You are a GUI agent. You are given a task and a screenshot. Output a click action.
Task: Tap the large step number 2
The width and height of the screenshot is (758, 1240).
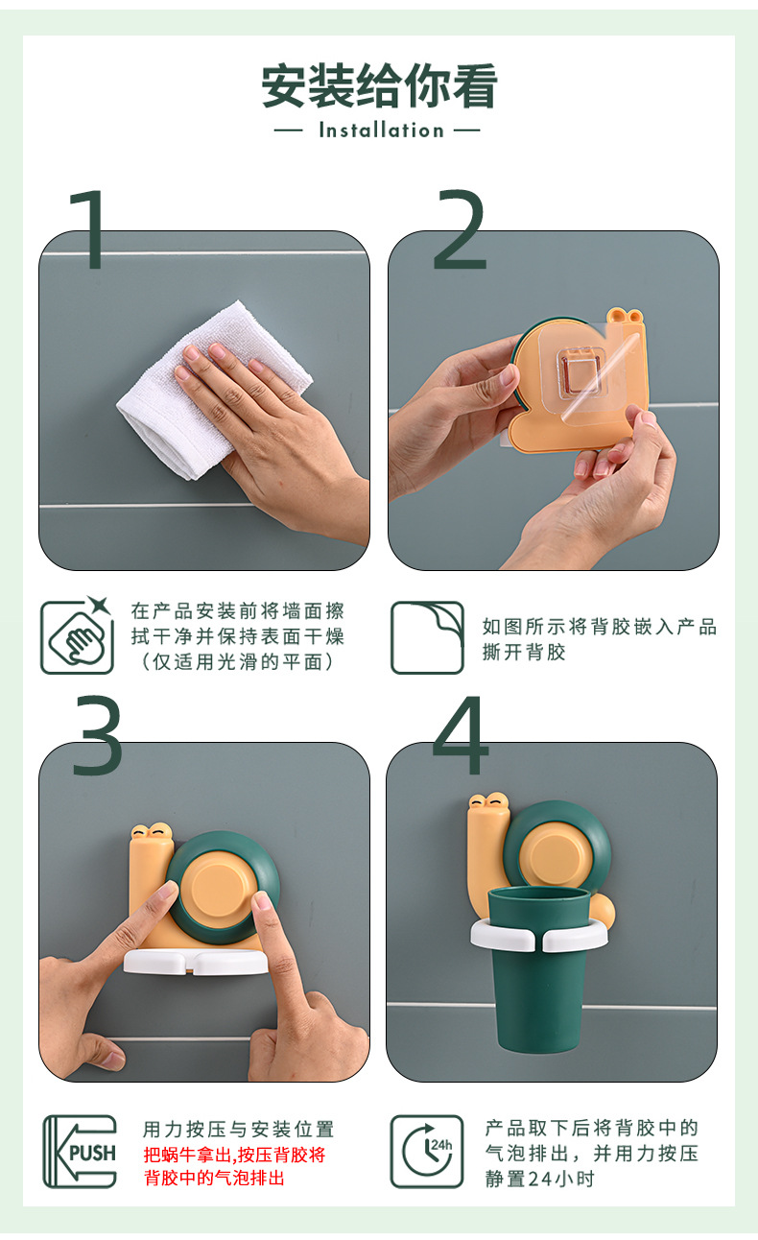(x=461, y=229)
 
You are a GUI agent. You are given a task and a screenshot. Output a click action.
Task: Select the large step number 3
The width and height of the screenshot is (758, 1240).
(x=98, y=735)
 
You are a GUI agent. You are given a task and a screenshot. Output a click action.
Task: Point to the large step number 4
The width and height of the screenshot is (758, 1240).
(x=461, y=735)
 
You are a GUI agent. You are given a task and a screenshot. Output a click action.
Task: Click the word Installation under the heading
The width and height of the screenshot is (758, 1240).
(x=381, y=131)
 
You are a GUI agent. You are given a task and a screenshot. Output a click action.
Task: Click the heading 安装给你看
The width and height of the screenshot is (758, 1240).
(x=380, y=85)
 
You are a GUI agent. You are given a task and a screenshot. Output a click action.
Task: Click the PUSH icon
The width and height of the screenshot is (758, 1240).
(x=81, y=1152)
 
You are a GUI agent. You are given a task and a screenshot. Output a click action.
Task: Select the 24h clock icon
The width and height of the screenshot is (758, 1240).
(x=427, y=1152)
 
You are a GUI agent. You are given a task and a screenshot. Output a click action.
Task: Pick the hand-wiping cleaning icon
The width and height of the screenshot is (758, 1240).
(x=77, y=635)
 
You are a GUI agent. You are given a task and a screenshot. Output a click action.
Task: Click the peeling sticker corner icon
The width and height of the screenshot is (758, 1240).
(x=427, y=637)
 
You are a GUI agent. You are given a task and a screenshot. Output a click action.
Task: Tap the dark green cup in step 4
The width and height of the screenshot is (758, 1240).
(x=539, y=968)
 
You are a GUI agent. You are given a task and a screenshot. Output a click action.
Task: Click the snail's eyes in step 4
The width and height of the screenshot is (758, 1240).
(x=489, y=800)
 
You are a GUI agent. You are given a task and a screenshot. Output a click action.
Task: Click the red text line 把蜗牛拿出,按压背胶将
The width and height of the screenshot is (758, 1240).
(x=234, y=1155)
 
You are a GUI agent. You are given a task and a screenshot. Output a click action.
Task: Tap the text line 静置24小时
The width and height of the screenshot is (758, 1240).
(x=539, y=1180)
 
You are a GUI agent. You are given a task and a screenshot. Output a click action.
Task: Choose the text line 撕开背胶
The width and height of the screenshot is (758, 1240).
(x=524, y=652)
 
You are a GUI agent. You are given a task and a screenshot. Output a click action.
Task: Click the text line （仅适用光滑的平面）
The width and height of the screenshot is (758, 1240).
(x=238, y=661)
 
